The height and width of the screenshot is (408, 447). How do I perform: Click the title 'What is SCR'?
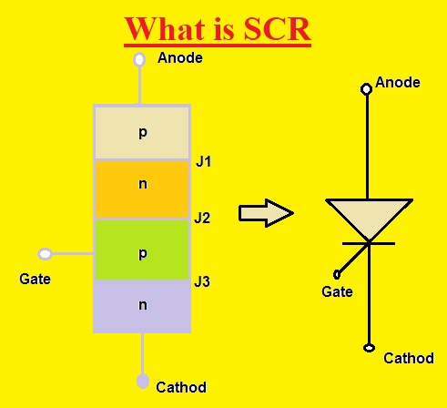pyautogui.click(x=218, y=28)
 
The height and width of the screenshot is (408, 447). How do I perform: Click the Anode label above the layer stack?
pyautogui.click(x=180, y=58)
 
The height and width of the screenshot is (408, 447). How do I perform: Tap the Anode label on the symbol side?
pyautogui.click(x=398, y=82)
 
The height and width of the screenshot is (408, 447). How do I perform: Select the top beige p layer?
pyautogui.click(x=142, y=133)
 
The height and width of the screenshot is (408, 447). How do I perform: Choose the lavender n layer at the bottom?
pyautogui.click(x=142, y=305)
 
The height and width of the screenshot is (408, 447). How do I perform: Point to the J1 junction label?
pyautogui.click(x=203, y=162)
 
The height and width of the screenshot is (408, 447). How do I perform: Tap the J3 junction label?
pyautogui.click(x=203, y=281)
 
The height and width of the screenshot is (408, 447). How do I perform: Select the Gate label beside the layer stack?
pyautogui.click(x=35, y=278)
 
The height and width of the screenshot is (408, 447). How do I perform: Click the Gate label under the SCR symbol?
pyautogui.click(x=338, y=291)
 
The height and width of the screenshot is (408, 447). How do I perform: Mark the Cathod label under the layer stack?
pyautogui.click(x=180, y=386)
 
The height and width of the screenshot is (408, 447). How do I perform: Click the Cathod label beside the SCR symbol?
pyautogui.click(x=408, y=358)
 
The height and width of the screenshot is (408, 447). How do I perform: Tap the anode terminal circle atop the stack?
pyautogui.click(x=140, y=59)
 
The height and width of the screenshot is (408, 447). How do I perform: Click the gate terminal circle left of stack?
pyautogui.click(x=44, y=253)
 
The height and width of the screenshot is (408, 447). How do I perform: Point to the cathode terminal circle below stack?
pyautogui.click(x=142, y=381)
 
